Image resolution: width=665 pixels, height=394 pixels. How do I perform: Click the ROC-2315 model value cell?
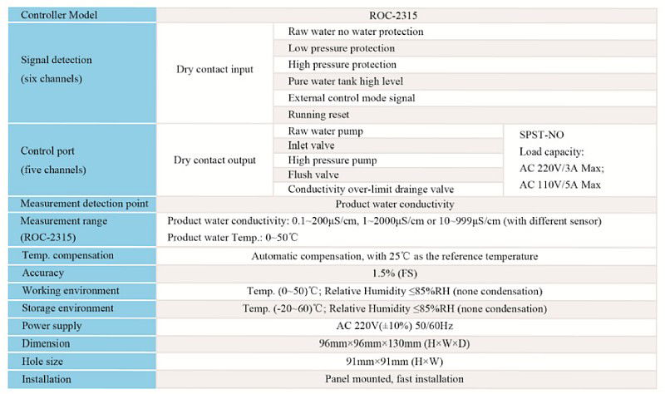click(394, 15)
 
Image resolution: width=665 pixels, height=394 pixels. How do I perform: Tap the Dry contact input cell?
click(214, 70)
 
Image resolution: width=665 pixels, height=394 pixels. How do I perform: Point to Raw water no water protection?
click(356, 32)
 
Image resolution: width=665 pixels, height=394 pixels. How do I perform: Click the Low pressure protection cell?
click(342, 48)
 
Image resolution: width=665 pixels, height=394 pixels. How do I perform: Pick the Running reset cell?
click(318, 115)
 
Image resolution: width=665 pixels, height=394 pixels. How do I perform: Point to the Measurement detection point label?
click(84, 204)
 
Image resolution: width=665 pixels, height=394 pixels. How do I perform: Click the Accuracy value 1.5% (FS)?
click(394, 273)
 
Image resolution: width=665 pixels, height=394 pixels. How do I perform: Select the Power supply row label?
click(52, 326)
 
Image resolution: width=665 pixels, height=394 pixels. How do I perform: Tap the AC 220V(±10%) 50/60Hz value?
click(394, 326)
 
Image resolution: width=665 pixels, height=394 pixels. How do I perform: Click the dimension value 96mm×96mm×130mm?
click(394, 343)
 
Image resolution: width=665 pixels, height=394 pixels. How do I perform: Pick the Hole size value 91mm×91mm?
click(394, 362)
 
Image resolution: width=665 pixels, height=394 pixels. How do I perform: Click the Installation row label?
click(47, 379)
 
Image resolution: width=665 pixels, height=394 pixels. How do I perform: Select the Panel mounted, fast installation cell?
click(394, 379)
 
